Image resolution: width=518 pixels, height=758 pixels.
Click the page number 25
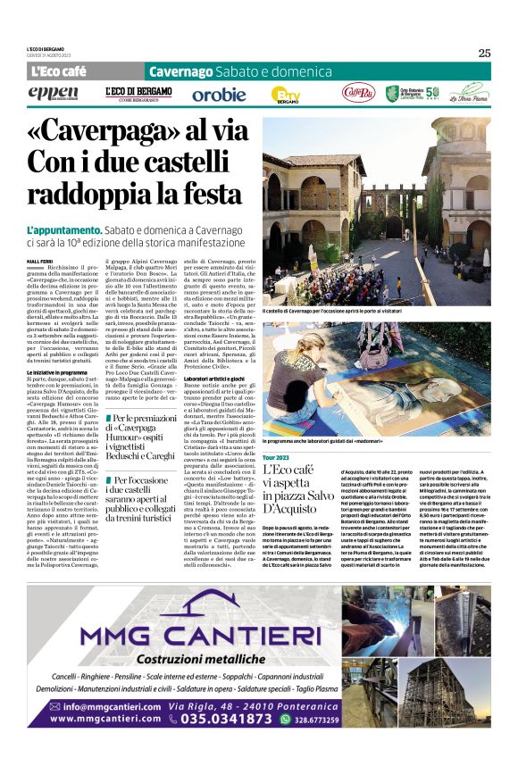[x=483, y=53]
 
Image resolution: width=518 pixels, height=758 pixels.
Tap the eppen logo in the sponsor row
[x=53, y=93]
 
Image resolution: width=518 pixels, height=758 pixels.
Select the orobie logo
[x=219, y=94]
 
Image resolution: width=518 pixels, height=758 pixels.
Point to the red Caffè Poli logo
[x=358, y=92]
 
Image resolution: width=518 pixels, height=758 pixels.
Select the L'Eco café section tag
[x=58, y=71]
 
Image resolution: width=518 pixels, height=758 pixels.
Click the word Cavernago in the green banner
[x=181, y=71]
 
